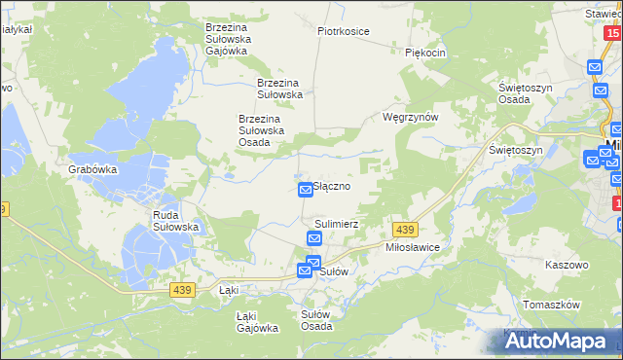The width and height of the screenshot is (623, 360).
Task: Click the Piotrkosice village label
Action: coord(343,31)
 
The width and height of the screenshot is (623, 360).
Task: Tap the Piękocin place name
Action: coord(425,53)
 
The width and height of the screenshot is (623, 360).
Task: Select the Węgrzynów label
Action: coord(411,117)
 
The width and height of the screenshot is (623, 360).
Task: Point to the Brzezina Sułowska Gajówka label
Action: coord(228,39)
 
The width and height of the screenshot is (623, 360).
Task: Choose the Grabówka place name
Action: coord(92,168)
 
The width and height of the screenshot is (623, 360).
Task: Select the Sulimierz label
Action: coord(337,223)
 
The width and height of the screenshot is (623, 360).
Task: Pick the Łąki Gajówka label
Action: coord(258,322)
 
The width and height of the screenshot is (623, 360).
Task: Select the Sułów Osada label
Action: coord(316,320)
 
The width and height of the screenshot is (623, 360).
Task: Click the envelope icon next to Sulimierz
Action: coord(314,238)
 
